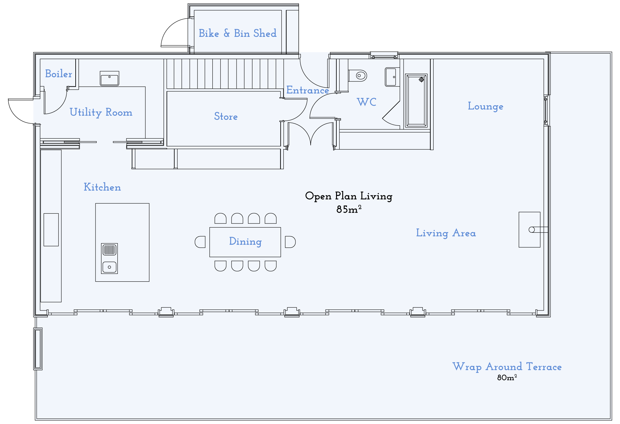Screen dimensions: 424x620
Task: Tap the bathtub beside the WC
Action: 416,101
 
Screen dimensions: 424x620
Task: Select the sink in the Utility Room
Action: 109,79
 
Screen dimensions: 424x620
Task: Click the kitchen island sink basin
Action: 109,267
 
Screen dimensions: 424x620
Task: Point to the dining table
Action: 245,242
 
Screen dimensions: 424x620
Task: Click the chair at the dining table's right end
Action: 290,242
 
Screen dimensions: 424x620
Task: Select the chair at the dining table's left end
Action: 200,242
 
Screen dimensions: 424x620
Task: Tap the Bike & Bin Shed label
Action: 237,33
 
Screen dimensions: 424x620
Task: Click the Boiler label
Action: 58,74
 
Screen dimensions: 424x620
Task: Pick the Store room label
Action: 226,117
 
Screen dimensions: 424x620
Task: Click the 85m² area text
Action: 349,210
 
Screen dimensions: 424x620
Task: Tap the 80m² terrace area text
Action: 507,378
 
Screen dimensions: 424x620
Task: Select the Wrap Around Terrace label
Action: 507,367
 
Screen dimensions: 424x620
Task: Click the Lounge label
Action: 485,106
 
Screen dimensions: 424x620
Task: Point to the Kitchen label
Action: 102,187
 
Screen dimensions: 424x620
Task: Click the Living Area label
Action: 446,233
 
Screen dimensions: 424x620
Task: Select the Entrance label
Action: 307,90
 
